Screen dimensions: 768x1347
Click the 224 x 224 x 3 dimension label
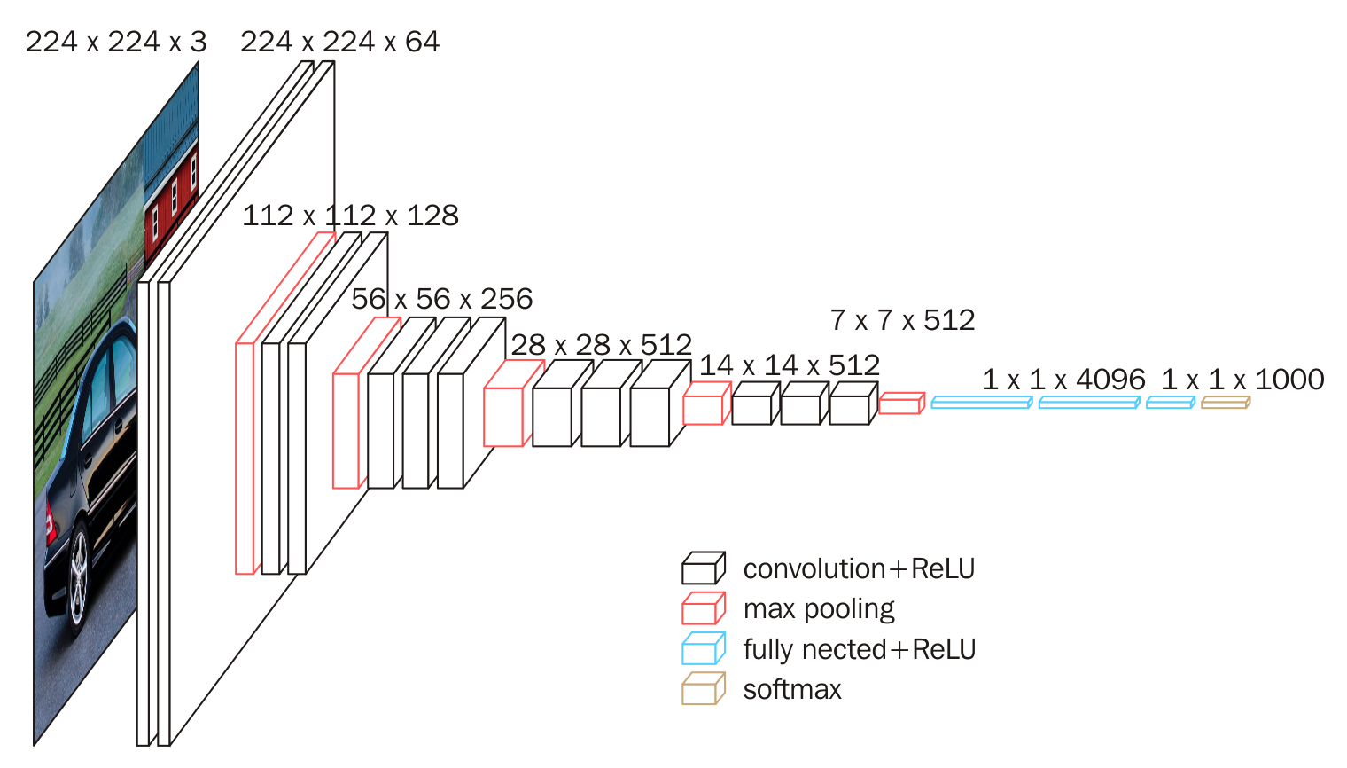pyautogui.click(x=115, y=42)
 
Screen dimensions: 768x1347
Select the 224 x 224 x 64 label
pyautogui.click(x=339, y=42)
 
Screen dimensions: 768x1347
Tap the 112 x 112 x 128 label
pyautogui.click(x=350, y=216)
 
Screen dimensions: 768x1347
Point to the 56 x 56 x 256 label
pyautogui.click(x=441, y=299)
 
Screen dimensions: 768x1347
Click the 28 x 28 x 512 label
pyautogui.click(x=601, y=345)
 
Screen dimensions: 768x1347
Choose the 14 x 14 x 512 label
pyautogui.click(x=789, y=365)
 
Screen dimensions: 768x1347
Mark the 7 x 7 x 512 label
pyautogui.click(x=902, y=320)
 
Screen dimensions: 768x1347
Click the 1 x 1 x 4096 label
pyautogui.click(x=1063, y=380)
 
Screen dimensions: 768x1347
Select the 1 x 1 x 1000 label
pyautogui.click(x=1242, y=380)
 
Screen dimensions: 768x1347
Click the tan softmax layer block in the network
pyautogui.click(x=1225, y=403)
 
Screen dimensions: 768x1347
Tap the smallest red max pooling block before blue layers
pyautogui.click(x=900, y=404)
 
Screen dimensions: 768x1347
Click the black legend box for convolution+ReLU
pyautogui.click(x=703, y=568)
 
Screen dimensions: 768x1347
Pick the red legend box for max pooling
pyautogui.click(x=703, y=609)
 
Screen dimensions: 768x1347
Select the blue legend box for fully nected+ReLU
pyautogui.click(x=703, y=649)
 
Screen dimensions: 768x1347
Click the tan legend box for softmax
pyautogui.click(x=703, y=689)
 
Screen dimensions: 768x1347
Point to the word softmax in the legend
pyautogui.click(x=792, y=690)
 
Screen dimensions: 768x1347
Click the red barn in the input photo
pyautogui.click(x=171, y=200)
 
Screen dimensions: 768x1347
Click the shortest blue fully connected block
pyautogui.click(x=1170, y=403)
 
